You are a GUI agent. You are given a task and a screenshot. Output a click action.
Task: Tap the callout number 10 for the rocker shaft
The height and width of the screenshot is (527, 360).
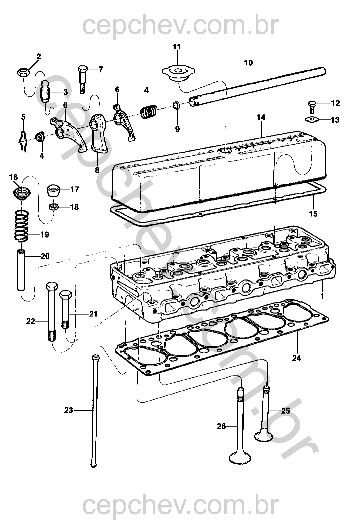248,63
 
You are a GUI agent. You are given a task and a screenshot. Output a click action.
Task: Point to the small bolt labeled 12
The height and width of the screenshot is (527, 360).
312,107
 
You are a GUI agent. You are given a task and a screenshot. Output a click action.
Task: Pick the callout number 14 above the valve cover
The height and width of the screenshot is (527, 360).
261,117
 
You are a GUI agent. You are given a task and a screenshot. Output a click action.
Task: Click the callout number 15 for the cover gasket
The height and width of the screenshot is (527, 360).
313,214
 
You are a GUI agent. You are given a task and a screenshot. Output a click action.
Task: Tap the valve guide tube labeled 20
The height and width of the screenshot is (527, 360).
21,270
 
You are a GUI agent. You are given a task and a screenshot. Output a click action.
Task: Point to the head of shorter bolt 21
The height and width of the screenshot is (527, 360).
66,295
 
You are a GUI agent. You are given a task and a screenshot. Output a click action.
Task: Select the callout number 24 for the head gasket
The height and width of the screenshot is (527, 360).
297,358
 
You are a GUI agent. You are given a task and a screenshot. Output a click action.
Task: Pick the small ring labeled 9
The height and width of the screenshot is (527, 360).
176,105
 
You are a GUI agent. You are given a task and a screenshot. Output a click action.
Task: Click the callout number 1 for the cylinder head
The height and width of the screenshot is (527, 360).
322,296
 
